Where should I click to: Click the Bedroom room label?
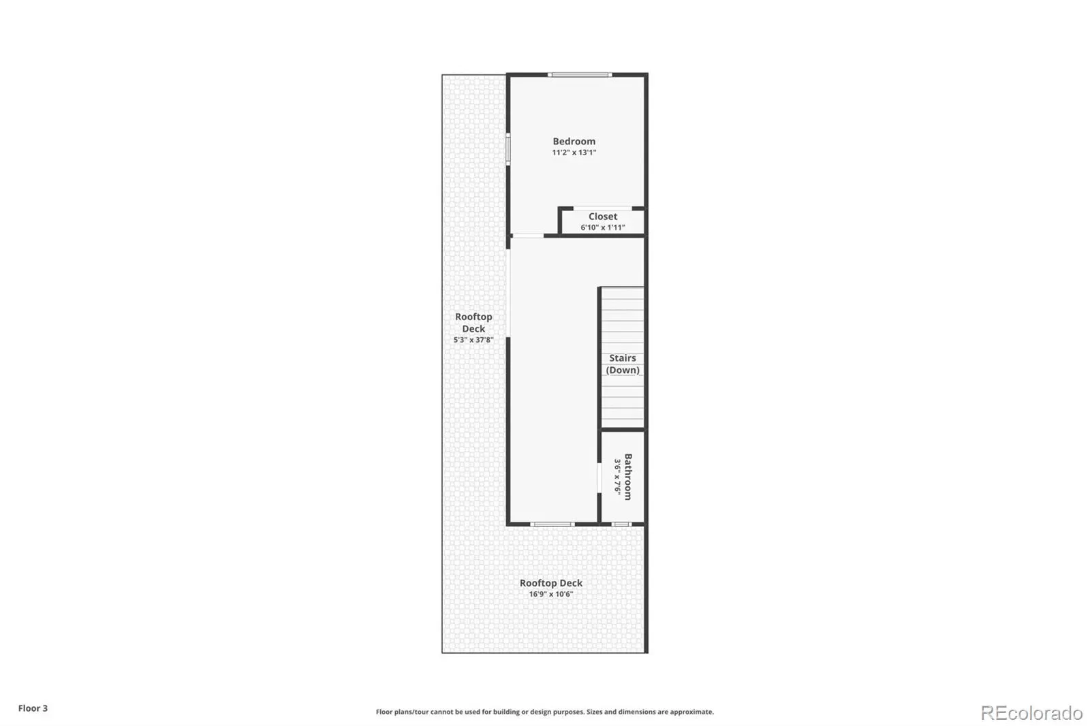click(x=574, y=141)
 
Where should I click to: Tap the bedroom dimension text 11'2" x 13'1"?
click(x=574, y=153)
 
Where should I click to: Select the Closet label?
click(x=602, y=217)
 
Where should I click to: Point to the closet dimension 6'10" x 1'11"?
click(x=602, y=227)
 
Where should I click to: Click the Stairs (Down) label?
click(x=623, y=364)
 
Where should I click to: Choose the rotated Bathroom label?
click(x=628, y=477)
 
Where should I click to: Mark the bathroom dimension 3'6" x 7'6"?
click(x=617, y=477)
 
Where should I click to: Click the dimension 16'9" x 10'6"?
click(x=551, y=594)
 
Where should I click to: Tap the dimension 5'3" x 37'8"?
click(x=473, y=340)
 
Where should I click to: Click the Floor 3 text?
click(x=33, y=708)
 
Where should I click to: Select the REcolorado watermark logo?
click(x=1031, y=713)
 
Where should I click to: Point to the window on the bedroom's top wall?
click(x=580, y=75)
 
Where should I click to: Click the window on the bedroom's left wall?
click(x=508, y=149)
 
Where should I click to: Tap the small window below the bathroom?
click(x=621, y=524)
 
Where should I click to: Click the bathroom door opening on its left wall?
click(x=599, y=478)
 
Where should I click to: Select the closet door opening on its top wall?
click(x=602, y=208)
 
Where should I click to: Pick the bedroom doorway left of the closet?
click(x=528, y=236)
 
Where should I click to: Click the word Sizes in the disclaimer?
click(x=595, y=712)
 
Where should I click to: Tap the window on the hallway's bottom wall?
click(x=552, y=524)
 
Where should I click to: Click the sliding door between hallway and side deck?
click(x=508, y=293)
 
